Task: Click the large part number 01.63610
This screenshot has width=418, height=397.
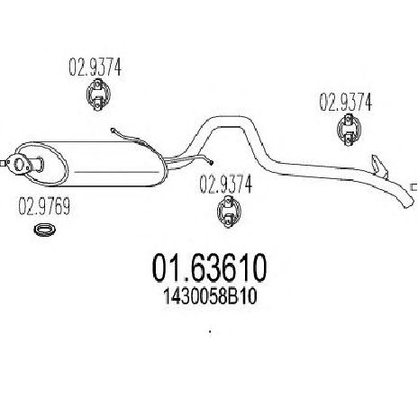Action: point(209,267)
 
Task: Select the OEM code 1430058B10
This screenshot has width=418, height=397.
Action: point(210,297)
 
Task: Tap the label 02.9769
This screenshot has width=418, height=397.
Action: point(44,206)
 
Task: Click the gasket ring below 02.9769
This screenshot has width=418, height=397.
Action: point(45,230)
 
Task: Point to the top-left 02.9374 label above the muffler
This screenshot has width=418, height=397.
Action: point(95,67)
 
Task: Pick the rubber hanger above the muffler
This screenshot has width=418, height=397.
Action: point(98,95)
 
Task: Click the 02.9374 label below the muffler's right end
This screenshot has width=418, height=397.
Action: point(225,185)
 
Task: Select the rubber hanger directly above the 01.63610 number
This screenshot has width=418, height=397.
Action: point(229,211)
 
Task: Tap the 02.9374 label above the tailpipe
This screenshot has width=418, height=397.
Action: point(345,103)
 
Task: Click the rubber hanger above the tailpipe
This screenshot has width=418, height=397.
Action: point(349,130)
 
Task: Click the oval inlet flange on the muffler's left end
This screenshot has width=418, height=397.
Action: point(19,165)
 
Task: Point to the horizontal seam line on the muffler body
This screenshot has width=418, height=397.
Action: point(116,172)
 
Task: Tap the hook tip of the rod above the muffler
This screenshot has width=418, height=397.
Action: point(114,130)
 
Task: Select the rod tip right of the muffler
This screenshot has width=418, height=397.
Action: point(212,163)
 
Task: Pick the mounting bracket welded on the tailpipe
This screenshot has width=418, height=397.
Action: point(379,166)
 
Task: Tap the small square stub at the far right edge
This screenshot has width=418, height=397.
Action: point(413,187)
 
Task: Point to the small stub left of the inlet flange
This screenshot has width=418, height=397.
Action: point(3,164)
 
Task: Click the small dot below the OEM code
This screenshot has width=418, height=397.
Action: point(210,332)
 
